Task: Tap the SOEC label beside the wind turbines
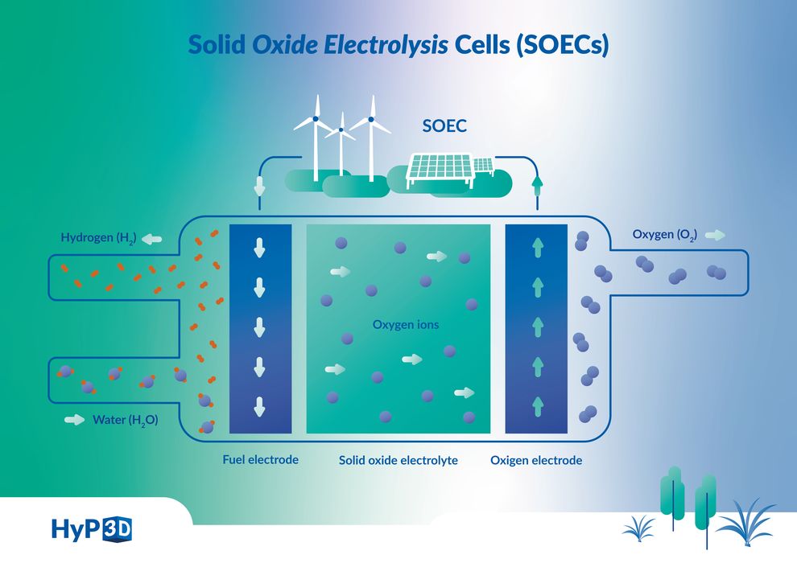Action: pyautogui.click(x=445, y=127)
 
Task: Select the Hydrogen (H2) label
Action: pyautogui.click(x=98, y=238)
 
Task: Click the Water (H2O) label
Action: pyautogui.click(x=125, y=420)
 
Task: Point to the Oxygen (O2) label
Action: pyautogui.click(x=664, y=235)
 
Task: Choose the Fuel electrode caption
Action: pyautogui.click(x=260, y=460)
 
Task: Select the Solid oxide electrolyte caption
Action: pyautogui.click(x=398, y=461)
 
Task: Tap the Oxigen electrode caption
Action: pyautogui.click(x=536, y=461)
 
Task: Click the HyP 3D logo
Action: pyautogui.click(x=91, y=529)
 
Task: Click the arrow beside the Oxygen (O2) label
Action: pyautogui.click(x=715, y=236)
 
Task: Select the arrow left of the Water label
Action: pyautogui.click(x=74, y=420)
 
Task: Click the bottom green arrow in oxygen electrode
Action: pyautogui.click(x=537, y=405)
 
